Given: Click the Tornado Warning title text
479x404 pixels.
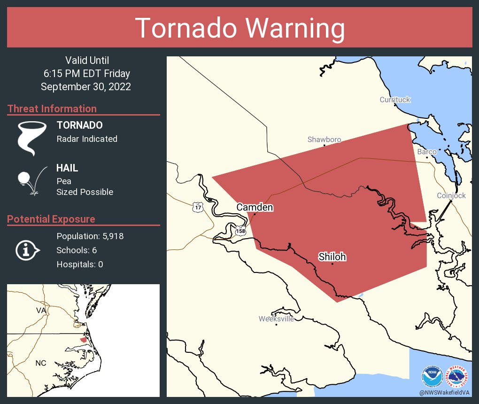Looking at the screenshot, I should [x=239, y=28].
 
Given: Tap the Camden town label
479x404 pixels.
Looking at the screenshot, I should [x=255, y=207].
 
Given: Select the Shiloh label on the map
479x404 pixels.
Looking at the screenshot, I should [x=332, y=256].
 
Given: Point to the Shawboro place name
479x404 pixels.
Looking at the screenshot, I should [x=324, y=140].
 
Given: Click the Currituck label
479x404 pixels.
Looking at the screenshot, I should [x=395, y=100].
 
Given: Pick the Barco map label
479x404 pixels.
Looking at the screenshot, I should [x=427, y=152].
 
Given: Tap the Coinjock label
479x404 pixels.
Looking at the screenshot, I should [x=451, y=195].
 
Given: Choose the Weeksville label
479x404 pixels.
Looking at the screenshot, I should [x=276, y=319].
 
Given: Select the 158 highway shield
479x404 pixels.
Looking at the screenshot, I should [x=240, y=231].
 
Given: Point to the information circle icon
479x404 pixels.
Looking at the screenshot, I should [x=27, y=250].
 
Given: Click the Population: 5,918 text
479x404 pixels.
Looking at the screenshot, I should [x=90, y=236].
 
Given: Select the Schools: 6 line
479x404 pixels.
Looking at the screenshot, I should [x=77, y=250].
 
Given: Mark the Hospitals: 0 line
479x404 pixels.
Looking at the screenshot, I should [x=80, y=264].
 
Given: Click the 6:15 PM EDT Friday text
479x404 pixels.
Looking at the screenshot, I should [x=87, y=74].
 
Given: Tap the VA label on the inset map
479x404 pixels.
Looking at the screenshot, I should [x=41, y=311].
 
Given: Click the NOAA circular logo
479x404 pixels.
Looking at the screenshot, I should [x=432, y=376].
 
